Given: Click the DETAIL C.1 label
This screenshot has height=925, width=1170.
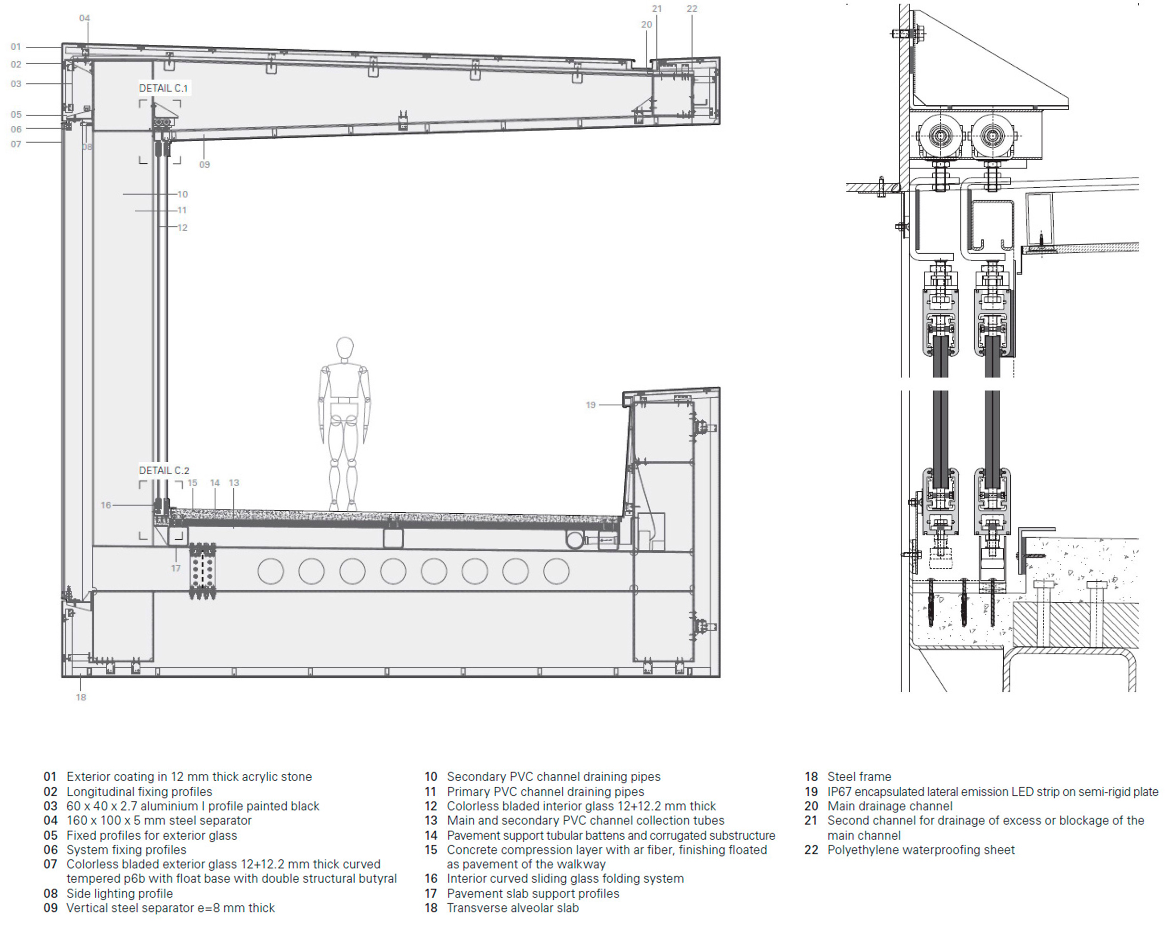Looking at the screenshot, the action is coord(163,88).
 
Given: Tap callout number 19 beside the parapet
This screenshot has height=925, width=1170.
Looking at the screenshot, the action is coord(590,405).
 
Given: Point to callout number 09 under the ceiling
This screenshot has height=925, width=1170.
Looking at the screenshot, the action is coord(204,164).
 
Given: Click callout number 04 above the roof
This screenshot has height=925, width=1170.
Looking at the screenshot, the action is coord(84,18).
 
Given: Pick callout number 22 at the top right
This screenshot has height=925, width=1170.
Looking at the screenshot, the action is coord(692,9).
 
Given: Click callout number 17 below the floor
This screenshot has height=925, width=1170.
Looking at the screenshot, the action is coord(175,568).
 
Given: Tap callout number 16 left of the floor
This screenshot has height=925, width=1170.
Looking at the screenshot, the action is coord(106,505).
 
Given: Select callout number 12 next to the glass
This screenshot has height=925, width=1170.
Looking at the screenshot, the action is coord(182,227).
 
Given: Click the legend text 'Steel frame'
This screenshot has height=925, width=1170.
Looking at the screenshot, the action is coord(859,777).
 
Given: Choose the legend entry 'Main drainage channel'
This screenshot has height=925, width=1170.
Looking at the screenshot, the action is coord(890,806).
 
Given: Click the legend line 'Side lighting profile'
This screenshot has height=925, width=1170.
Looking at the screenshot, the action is coord(120,894).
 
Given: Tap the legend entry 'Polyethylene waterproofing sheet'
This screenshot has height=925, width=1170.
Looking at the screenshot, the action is coord(921,850).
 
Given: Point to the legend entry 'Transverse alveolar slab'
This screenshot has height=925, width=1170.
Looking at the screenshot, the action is coord(513,908).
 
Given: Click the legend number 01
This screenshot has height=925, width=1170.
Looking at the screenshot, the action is coord(50,777).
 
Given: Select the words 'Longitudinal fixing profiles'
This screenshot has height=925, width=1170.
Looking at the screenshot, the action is coord(139,792).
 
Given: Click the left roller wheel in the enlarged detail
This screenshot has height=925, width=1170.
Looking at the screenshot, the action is coord(940,135).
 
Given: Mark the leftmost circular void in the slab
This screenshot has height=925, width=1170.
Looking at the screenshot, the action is coord(270,571).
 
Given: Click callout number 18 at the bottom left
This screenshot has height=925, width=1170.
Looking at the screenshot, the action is coord(81,697).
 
